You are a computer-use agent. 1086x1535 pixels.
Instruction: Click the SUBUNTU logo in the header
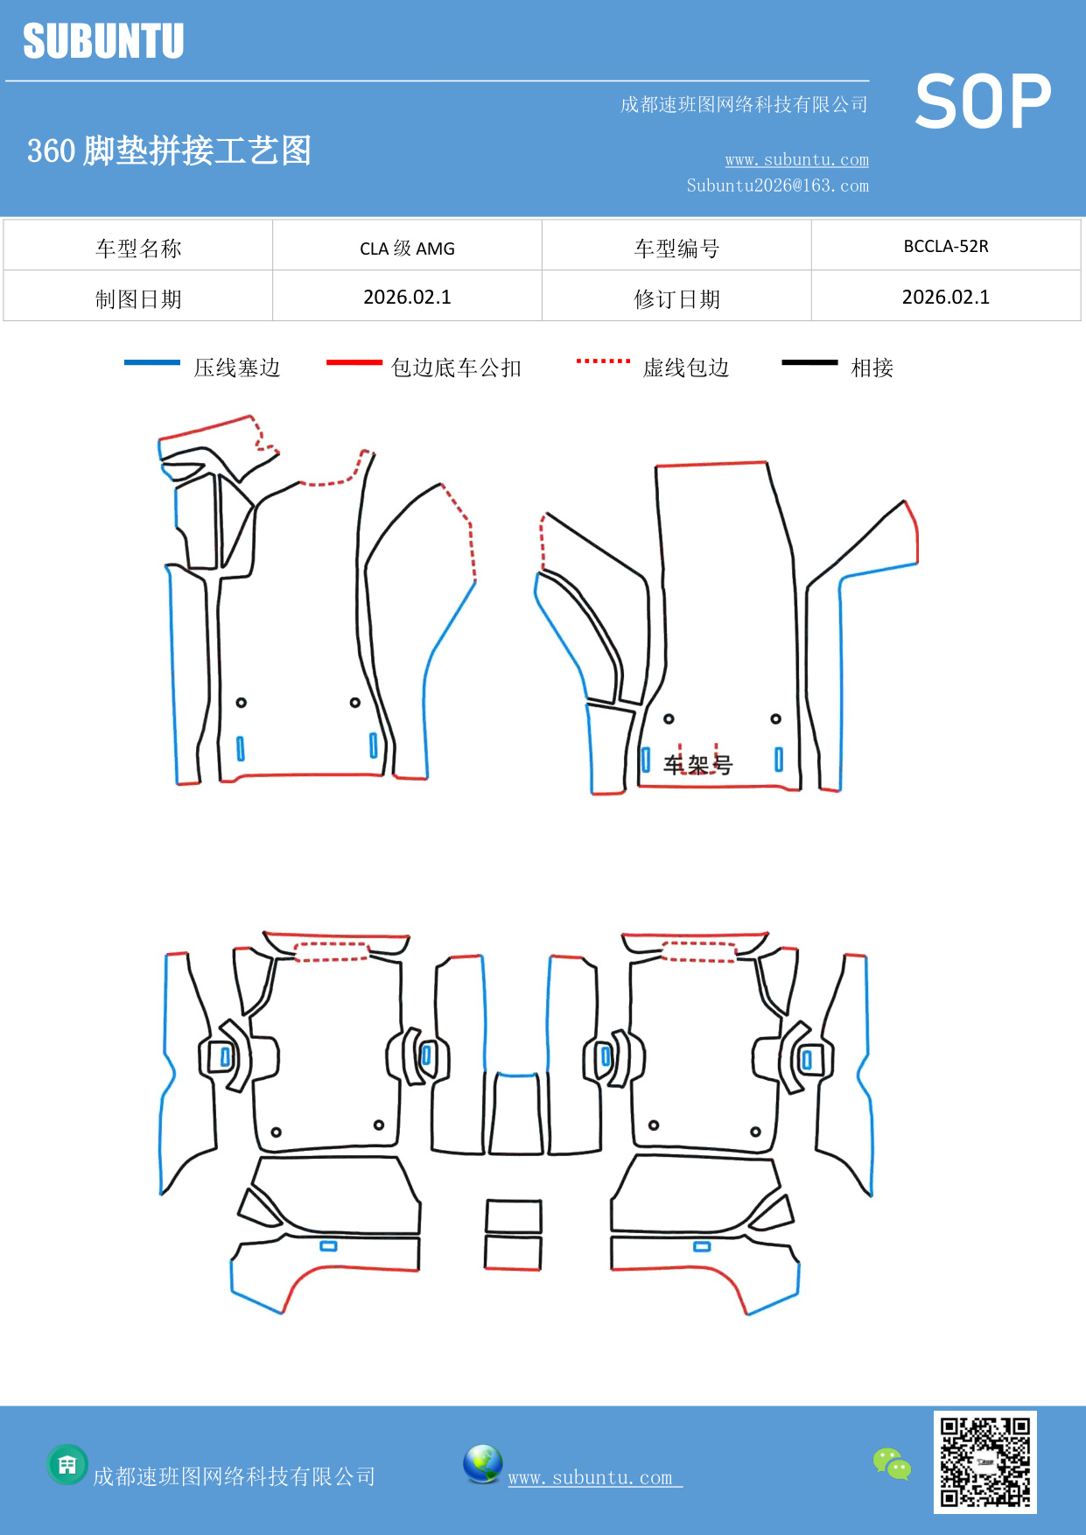pos(103,41)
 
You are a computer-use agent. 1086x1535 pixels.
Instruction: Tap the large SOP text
pos(983,102)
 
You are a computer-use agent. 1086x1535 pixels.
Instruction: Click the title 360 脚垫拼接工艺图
pos(169,151)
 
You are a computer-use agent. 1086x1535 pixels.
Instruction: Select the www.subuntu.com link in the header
pos(796,160)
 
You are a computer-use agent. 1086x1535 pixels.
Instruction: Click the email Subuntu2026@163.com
pos(777,186)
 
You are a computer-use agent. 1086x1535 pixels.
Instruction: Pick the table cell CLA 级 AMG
pos(407,249)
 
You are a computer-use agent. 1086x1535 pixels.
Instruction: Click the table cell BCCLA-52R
pos(946,247)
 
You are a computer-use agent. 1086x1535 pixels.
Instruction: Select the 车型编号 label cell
pos(676,249)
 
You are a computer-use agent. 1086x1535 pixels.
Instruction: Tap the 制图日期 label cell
pos(138,299)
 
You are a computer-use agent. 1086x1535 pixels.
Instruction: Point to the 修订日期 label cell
pos(676,299)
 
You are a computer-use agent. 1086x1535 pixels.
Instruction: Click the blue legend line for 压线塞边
pos(152,362)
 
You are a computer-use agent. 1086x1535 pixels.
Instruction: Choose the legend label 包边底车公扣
pos(456,368)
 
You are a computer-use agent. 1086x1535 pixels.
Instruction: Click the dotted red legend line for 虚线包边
pos(603,361)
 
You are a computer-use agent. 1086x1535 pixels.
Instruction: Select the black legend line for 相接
pos(809,362)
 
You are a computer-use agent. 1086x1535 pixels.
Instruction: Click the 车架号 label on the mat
pos(697,765)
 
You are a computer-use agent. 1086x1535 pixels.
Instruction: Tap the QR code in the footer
pos(984,1461)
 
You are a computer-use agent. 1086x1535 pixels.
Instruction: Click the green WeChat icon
pos(892,1463)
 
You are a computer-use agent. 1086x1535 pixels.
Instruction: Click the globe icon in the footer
pos(482,1464)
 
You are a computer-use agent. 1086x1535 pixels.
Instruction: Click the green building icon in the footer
pos(67,1464)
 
